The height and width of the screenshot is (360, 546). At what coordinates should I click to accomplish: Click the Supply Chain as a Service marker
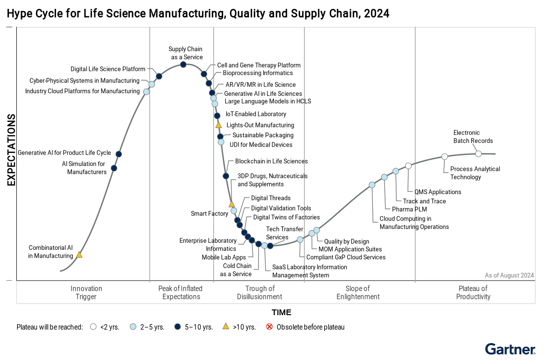pos(183,64)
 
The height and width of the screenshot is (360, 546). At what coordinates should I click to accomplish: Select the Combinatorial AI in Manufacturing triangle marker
pos(79,255)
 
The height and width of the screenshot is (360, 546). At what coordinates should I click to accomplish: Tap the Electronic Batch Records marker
pos(478,154)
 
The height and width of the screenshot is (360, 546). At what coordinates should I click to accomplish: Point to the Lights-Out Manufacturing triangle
pos(218,125)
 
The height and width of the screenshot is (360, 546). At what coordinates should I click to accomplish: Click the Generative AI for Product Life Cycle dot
pos(119,154)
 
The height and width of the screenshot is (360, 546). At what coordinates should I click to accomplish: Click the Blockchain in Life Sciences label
pos(271,162)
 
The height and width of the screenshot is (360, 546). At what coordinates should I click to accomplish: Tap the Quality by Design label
pos(346,242)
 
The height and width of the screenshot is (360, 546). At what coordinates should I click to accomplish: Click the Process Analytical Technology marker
pos(445,156)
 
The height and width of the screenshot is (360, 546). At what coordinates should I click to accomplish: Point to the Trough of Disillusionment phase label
pos(259,292)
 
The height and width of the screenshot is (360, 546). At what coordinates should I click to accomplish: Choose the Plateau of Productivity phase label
pos(473,292)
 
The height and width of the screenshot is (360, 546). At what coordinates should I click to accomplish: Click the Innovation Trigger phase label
pos(86,292)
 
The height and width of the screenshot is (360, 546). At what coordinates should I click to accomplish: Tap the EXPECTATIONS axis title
pos(11,150)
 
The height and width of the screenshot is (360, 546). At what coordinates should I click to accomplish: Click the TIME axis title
pos(281,312)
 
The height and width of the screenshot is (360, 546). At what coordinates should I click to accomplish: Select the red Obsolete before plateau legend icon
pos(269,327)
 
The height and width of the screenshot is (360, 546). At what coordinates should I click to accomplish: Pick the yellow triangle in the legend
pos(226,326)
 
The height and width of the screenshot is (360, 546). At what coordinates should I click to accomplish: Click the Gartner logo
pos(510,349)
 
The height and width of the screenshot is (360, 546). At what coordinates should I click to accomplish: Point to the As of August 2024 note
pos(509,275)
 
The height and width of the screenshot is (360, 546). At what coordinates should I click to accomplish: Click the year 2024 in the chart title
pos(378,14)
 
